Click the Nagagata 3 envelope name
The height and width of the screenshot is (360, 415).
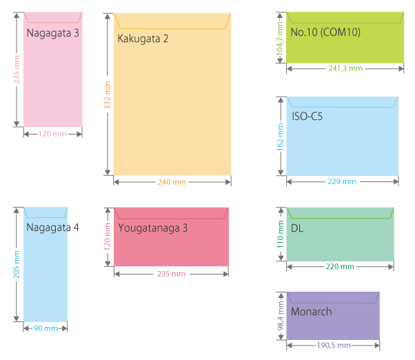pos(53,32)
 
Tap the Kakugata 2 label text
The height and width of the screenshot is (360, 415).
pos(143,39)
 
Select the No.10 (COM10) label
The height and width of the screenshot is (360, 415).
pos(325,32)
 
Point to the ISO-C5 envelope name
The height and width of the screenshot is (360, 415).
pos(307,117)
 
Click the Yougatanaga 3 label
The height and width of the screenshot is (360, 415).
pos(153,227)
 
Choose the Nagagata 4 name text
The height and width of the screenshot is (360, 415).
pos(53,227)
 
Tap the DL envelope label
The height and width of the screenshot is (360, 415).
pos(297,227)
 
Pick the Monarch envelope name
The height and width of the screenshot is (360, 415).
pos(311,312)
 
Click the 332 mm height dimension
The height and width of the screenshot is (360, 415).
pos(108,94)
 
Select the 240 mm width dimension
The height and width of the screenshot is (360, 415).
pos(172,182)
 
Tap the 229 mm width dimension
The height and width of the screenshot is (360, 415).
pos(342,182)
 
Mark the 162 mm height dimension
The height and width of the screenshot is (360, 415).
pos(280,136)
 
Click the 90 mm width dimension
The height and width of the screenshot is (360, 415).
pos(46,328)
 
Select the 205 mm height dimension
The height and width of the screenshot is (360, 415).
pos(17,263)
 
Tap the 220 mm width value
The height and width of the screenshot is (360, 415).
pos(340,266)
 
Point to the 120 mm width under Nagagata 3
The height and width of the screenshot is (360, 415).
pos(52,134)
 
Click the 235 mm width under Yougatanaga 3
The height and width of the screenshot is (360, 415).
pos(171,274)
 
